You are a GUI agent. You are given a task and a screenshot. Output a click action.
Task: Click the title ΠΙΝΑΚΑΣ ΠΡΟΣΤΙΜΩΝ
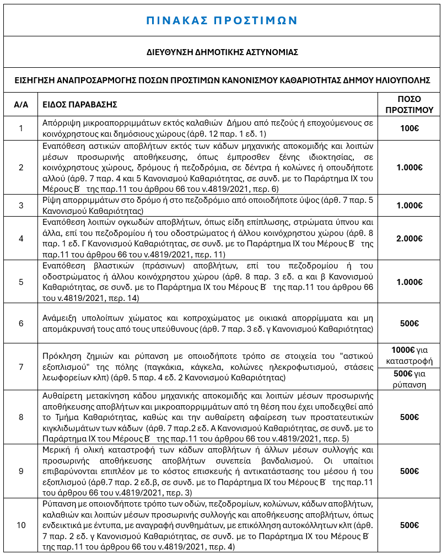point(221,20)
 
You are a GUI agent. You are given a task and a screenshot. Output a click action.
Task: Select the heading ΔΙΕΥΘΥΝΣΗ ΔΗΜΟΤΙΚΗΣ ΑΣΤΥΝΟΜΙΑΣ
point(221,52)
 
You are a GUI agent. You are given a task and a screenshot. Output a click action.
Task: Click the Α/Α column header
point(21,104)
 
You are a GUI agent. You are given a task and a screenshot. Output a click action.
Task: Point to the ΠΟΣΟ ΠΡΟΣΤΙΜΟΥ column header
point(409,104)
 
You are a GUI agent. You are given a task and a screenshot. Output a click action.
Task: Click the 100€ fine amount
point(409,128)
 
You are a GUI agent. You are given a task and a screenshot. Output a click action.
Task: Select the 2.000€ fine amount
point(409,238)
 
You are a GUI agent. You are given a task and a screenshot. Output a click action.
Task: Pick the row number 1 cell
point(21,128)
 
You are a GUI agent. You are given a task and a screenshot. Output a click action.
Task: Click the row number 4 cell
point(21,238)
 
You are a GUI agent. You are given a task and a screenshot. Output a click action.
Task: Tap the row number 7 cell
point(21,367)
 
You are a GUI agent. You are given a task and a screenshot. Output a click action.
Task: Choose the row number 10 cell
point(21,525)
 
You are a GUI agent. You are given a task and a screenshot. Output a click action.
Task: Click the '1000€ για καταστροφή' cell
point(409,356)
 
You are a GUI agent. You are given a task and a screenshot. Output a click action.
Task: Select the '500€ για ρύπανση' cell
point(409,379)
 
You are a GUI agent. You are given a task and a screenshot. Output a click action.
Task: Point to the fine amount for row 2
point(409,168)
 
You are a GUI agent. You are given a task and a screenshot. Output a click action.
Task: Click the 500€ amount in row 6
point(409,323)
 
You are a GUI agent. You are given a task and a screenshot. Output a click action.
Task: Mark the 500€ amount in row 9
point(409,471)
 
